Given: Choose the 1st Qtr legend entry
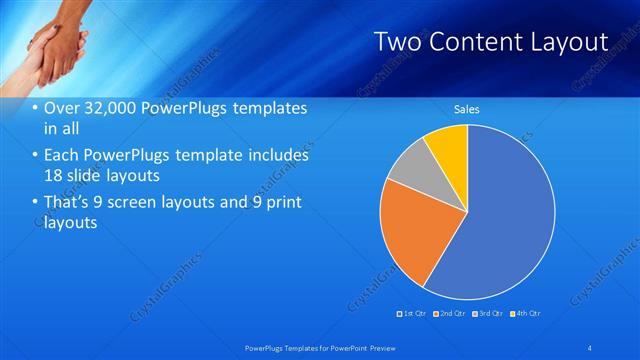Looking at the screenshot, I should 409,313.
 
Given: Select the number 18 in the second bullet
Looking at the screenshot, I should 54,176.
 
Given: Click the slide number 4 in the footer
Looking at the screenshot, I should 591,346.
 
